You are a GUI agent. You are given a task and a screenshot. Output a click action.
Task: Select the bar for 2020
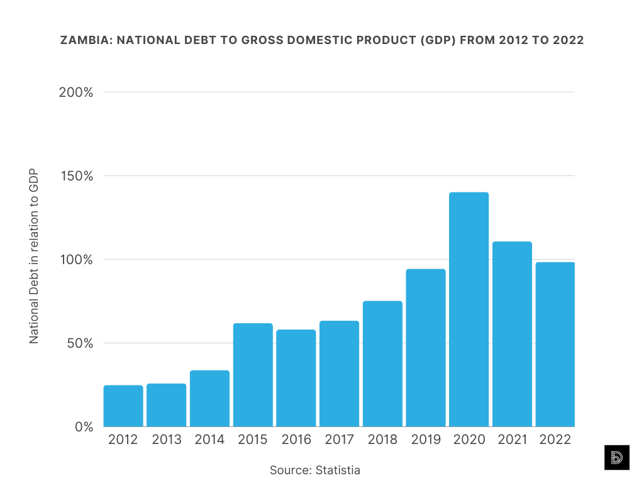tap(469, 309)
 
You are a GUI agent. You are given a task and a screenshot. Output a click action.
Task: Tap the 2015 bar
tap(253, 375)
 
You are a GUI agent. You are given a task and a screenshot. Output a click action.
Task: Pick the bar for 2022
tap(555, 345)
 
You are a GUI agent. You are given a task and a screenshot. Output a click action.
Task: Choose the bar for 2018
tap(382, 364)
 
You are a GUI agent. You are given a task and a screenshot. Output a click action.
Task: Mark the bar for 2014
tap(209, 398)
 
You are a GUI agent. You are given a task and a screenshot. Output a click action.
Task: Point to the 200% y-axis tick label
tap(76, 92)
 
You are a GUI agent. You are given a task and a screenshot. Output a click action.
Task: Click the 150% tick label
tap(76, 176)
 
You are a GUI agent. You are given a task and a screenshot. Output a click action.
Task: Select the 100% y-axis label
tap(76, 260)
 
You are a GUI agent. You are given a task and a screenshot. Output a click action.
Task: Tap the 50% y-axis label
tap(79, 343)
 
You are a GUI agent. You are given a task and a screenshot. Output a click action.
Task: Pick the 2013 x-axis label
tap(167, 440)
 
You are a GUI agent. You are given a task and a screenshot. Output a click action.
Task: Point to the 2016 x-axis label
tap(296, 440)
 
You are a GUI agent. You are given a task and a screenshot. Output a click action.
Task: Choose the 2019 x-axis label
tap(426, 440)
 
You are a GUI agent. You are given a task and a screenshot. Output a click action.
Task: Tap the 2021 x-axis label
tap(512, 440)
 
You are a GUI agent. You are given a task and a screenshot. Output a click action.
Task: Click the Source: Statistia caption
tap(315, 470)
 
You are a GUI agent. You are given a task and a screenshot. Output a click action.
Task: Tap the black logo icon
tap(616, 458)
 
